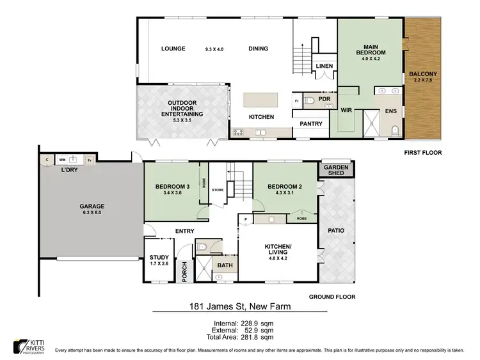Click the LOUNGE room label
173,49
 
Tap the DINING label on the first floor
258,49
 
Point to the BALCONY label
423,74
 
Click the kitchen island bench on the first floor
260,99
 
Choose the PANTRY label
311,123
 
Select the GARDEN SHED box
336,169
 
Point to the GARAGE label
92,207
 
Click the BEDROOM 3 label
172,187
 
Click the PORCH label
185,271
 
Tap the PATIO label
336,230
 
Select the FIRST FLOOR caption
423,153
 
